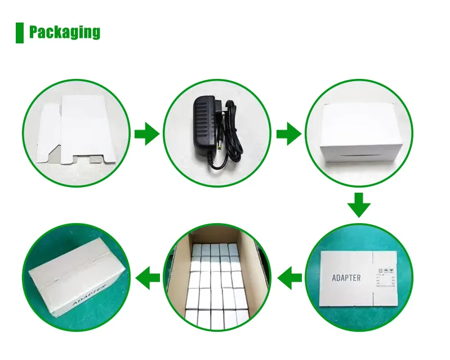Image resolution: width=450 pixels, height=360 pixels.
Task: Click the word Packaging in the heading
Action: point(64,32)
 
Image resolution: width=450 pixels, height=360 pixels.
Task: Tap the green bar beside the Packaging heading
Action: point(20,32)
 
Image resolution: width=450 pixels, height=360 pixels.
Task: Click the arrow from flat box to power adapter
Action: point(146,134)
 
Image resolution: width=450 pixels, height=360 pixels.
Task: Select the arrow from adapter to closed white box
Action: point(288,134)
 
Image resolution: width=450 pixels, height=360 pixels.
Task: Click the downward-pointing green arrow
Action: point(358,205)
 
